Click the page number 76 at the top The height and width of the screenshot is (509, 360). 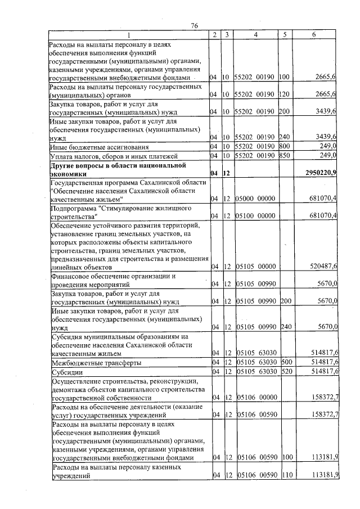pyautogui.click(x=195, y=26)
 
